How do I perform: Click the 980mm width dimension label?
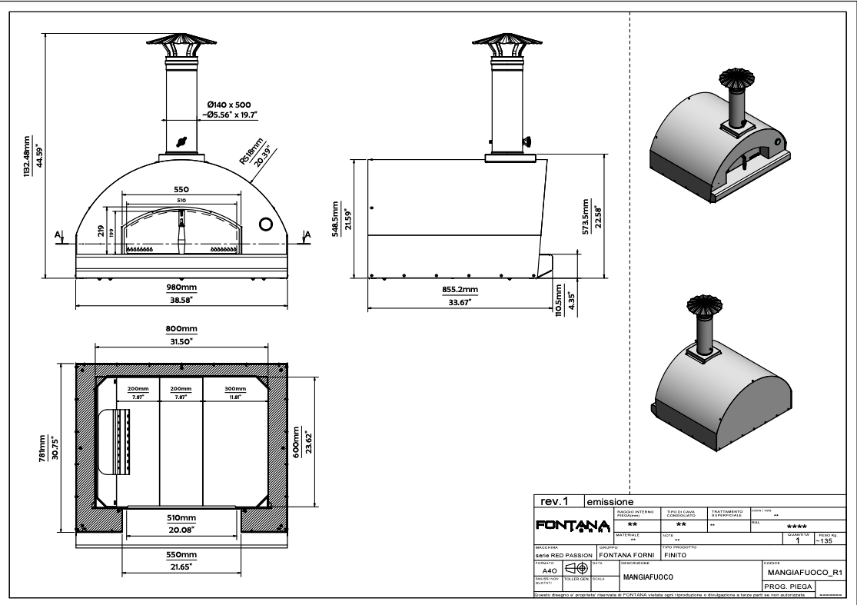tap(182, 287)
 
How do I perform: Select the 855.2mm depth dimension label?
tap(460, 289)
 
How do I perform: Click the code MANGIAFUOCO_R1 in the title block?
tap(806, 572)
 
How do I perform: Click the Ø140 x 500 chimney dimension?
tap(230, 105)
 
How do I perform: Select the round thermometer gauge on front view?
tap(266, 224)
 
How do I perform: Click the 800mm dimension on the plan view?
tap(182, 329)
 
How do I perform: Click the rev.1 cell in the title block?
tap(554, 500)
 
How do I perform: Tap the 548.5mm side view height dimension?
tap(335, 219)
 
